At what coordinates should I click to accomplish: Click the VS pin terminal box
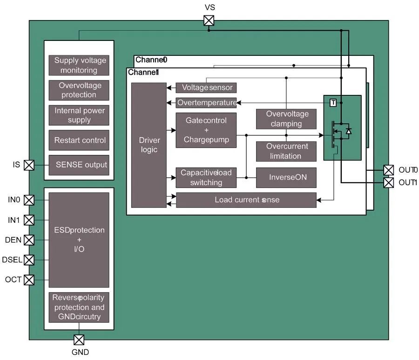[x=209, y=20]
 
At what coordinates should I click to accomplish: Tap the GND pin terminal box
[x=79, y=340]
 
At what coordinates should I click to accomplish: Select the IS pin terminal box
[x=29, y=165]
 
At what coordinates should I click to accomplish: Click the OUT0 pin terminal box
[x=388, y=170]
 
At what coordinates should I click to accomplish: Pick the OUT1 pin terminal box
[x=388, y=182]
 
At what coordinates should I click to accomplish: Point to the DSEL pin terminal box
[x=29, y=260]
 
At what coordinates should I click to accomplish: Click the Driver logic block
[x=149, y=145]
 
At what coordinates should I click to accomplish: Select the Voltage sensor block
[x=207, y=87]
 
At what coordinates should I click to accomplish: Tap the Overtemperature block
[x=207, y=102]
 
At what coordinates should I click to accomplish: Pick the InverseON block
[x=287, y=177]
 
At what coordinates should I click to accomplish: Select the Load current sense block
[x=246, y=200]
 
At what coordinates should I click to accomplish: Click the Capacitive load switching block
[x=206, y=177]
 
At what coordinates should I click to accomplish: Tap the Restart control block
[x=79, y=140]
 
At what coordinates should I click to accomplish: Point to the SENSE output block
[x=79, y=165]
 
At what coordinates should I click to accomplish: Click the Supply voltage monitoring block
[x=79, y=65]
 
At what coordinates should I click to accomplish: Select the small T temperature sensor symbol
[x=333, y=103]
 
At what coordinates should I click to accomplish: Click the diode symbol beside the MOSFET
[x=349, y=131]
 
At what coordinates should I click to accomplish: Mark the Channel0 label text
[x=151, y=60]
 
